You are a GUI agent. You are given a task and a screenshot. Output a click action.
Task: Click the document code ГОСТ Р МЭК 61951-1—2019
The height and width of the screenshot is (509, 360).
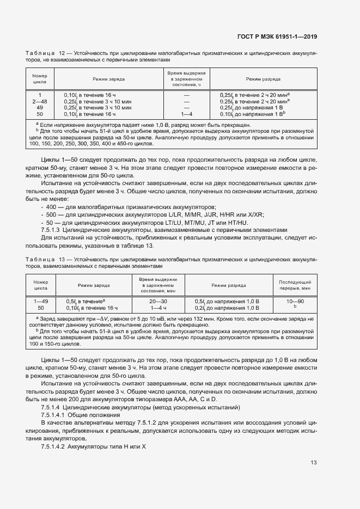click(277, 37)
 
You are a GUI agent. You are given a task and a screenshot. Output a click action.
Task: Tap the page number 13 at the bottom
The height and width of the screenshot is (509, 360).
click(314, 463)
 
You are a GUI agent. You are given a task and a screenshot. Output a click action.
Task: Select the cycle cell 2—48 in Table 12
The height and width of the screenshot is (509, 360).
click(40, 101)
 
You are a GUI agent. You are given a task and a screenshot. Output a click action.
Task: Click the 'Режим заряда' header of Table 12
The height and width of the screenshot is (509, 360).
click(108, 79)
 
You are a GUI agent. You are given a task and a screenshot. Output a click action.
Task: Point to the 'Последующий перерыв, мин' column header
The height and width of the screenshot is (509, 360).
click(295, 285)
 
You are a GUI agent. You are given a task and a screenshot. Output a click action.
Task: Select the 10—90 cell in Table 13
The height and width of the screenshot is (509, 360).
click(295, 301)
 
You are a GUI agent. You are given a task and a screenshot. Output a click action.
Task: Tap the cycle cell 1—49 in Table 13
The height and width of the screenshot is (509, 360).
click(41, 301)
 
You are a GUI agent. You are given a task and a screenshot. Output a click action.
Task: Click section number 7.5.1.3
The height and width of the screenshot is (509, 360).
click(53, 230)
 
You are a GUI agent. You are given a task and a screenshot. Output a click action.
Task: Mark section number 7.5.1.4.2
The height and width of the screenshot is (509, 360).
click(55, 446)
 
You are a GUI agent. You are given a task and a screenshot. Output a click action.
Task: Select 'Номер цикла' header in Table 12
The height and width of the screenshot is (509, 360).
click(40, 79)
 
